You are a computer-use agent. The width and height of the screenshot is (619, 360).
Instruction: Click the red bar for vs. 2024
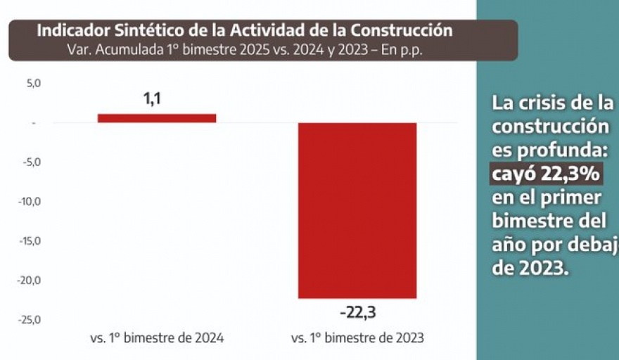pyautogui.click(x=157, y=118)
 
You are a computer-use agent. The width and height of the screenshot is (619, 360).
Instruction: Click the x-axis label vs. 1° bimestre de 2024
pyautogui.click(x=157, y=338)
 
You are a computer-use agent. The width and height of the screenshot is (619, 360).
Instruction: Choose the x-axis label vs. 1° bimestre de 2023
pyautogui.click(x=357, y=338)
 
